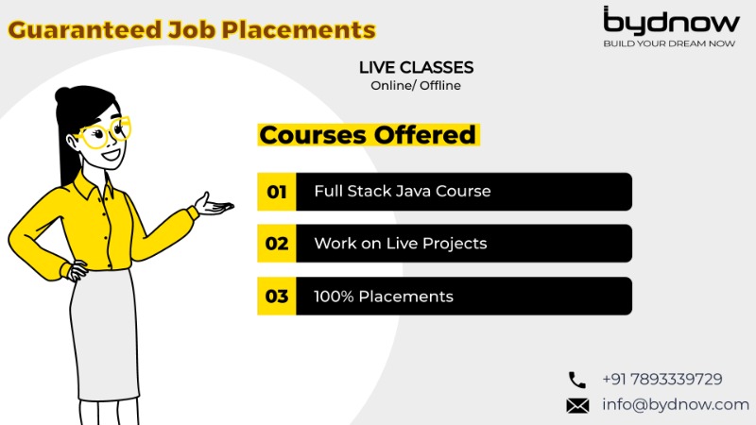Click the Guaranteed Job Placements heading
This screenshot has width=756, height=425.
click(192, 29)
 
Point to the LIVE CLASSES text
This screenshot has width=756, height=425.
click(416, 68)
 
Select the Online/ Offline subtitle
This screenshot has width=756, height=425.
click(416, 86)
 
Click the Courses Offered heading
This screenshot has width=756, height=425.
click(368, 135)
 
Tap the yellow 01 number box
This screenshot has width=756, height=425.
click(276, 192)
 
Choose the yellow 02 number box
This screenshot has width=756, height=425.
click(276, 244)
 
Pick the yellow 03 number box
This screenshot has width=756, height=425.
click(276, 297)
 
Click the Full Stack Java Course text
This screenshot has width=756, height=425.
click(403, 192)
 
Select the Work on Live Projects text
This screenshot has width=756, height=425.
click(401, 244)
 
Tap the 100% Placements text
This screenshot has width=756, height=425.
click(384, 297)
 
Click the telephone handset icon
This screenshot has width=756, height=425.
click(576, 380)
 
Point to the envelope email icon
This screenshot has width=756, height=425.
click(576, 405)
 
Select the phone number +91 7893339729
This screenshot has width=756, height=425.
click(661, 380)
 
